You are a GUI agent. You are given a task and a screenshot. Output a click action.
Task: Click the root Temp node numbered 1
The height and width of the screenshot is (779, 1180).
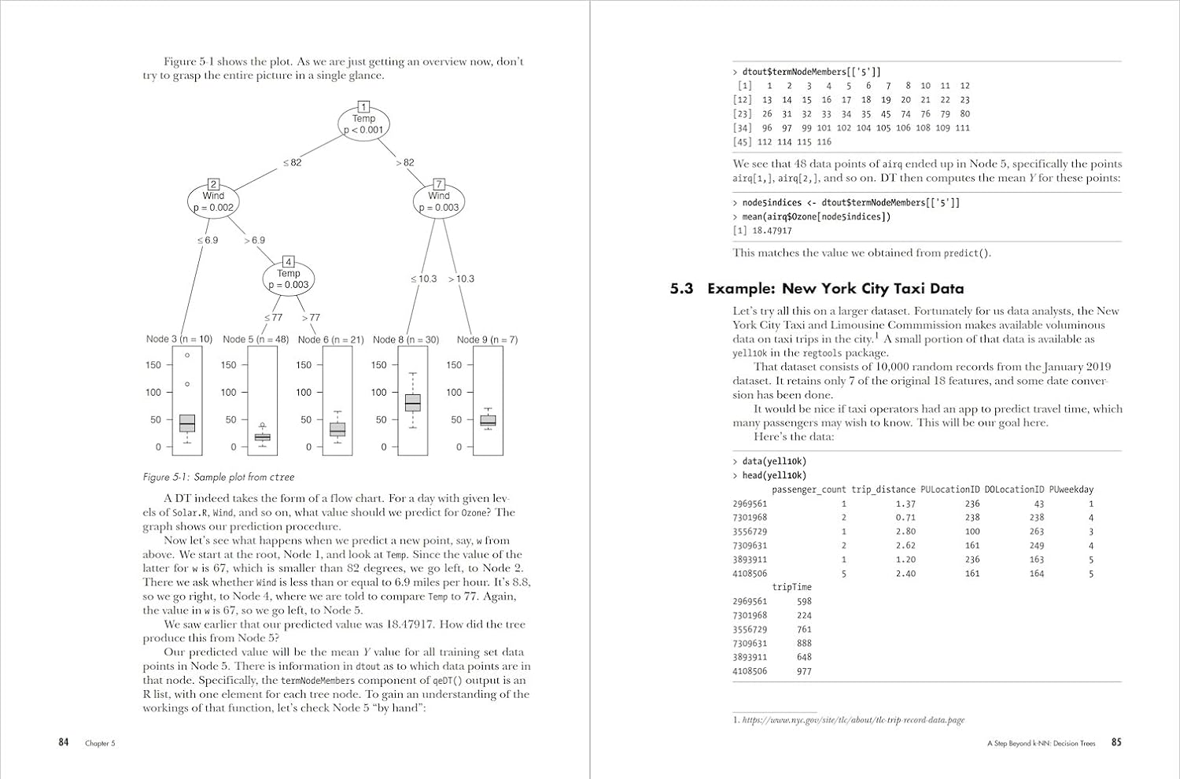click(x=363, y=124)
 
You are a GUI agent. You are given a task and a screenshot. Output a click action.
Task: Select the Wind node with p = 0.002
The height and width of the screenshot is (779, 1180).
click(x=213, y=201)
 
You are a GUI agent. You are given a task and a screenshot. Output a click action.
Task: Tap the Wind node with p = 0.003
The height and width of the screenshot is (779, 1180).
click(x=439, y=201)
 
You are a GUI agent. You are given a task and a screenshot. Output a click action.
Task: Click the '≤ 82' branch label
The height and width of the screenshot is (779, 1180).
click(x=292, y=163)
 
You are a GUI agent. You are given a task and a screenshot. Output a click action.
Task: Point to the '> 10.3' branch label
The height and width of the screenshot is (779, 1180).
click(x=461, y=279)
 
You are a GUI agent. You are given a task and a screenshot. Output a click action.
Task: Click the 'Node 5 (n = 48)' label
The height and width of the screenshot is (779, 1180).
click(x=256, y=340)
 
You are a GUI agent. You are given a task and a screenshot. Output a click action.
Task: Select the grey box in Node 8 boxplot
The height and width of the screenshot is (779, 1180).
click(x=413, y=403)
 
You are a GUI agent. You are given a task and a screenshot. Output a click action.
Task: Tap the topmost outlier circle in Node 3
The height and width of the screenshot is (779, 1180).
click(x=187, y=356)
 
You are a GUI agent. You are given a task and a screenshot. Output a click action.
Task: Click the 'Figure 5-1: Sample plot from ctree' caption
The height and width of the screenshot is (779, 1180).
click(x=219, y=477)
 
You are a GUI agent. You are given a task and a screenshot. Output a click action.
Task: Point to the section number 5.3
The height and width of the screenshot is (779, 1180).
click(x=681, y=289)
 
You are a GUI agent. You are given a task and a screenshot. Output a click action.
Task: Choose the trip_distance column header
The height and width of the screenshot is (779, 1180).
click(x=883, y=489)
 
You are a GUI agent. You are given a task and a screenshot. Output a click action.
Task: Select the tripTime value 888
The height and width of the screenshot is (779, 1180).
click(x=804, y=643)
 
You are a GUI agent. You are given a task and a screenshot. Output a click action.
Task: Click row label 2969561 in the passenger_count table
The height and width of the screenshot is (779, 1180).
click(x=750, y=504)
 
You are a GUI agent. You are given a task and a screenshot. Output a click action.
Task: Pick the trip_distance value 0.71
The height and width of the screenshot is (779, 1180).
click(x=905, y=518)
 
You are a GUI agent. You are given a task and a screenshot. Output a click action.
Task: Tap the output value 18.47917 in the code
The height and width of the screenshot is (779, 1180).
click(x=772, y=231)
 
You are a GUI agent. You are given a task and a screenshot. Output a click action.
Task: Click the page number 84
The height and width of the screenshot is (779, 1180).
click(x=64, y=742)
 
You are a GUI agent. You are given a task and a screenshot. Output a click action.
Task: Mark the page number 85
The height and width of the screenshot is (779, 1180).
click(x=1116, y=742)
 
